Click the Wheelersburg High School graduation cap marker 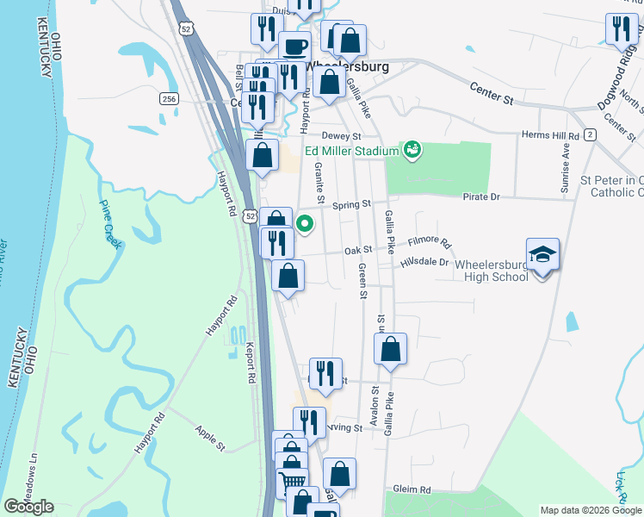pyautogui.click(x=542, y=254)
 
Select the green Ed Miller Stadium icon pyautogui.click(x=412, y=151)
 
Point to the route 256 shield pyautogui.click(x=168, y=100)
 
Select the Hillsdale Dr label pyautogui.click(x=425, y=262)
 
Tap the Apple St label pyautogui.click(x=209, y=437)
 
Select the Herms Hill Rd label pyautogui.click(x=551, y=136)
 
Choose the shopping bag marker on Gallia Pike pyautogui.click(x=390, y=349)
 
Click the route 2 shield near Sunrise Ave pyautogui.click(x=590, y=134)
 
